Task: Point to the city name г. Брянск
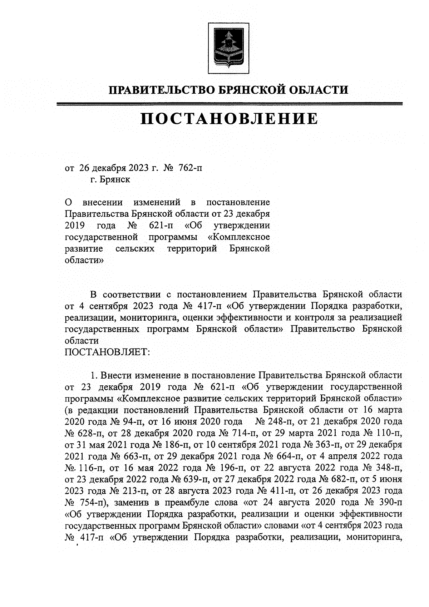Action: (110, 179)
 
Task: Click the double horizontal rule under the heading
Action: (229, 104)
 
